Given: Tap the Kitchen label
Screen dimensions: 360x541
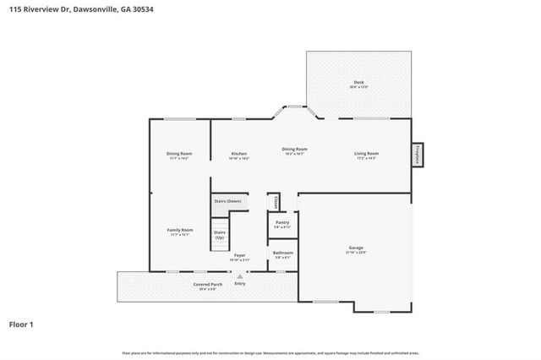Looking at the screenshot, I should click(238, 154).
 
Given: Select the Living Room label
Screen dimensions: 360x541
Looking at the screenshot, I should click(366, 154).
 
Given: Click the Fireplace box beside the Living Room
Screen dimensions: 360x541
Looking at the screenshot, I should click(417, 155).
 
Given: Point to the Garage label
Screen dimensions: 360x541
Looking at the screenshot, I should click(355, 248).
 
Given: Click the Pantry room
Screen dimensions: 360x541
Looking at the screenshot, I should click(282, 224).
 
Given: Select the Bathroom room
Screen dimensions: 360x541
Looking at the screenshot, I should click(282, 254).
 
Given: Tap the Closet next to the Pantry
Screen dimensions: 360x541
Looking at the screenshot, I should click(275, 202).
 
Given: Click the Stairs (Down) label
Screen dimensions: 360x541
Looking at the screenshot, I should click(227, 202).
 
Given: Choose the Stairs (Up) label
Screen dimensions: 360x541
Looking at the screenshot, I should click(220, 234).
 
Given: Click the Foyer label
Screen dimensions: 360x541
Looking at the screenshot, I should click(240, 254).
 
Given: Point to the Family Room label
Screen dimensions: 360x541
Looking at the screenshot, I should click(179, 230).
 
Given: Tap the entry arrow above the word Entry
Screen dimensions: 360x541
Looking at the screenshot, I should click(240, 276).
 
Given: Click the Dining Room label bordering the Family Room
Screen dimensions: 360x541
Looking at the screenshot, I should click(179, 154).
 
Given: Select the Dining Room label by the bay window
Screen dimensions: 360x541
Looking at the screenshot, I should click(294, 149).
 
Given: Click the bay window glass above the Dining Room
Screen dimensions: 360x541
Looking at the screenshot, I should click(295, 106).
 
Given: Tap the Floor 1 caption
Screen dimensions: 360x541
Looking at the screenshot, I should click(21, 324).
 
